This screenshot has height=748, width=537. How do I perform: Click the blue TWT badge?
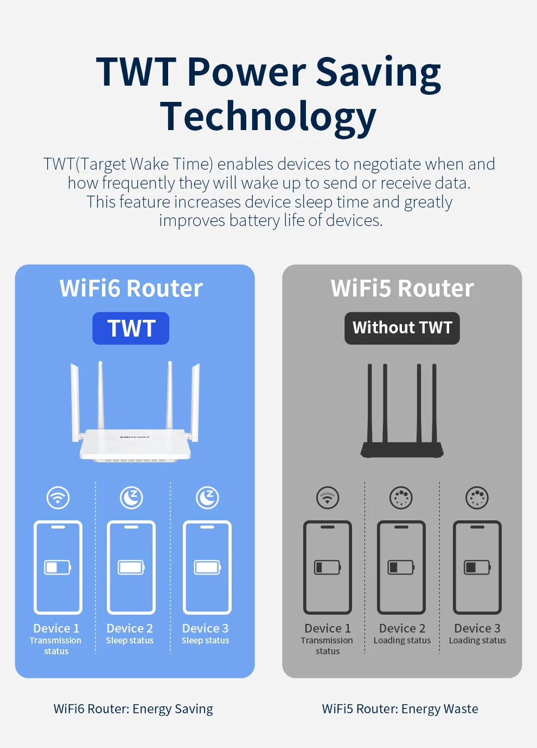(131, 328)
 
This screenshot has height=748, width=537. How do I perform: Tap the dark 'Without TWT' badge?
(402, 328)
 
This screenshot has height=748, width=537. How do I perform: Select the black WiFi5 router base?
(402, 449)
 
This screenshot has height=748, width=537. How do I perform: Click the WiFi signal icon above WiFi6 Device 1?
(58, 497)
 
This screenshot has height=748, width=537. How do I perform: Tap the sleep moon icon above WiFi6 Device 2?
(131, 497)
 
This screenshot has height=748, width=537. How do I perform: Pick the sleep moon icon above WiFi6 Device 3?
(207, 497)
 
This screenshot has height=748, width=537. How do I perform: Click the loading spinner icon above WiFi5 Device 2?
(401, 497)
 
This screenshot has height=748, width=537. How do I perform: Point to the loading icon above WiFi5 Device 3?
(477, 497)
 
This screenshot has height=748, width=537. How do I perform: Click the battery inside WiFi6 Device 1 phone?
(57, 567)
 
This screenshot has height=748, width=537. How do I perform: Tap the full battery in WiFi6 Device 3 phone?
(207, 567)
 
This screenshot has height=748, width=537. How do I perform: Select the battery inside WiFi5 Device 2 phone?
(401, 567)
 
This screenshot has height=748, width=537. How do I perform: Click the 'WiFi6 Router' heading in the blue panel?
(131, 288)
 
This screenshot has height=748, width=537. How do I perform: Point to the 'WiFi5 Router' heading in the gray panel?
(402, 288)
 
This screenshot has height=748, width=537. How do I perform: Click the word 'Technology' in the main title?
(268, 117)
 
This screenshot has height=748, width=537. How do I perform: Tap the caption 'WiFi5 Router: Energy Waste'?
(400, 709)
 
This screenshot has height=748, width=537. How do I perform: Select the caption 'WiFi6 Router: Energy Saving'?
(133, 709)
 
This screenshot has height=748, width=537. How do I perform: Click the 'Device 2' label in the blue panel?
(130, 628)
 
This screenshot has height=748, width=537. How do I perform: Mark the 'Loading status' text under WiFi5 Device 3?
(477, 640)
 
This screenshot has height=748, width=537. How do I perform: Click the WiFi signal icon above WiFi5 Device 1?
(328, 497)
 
